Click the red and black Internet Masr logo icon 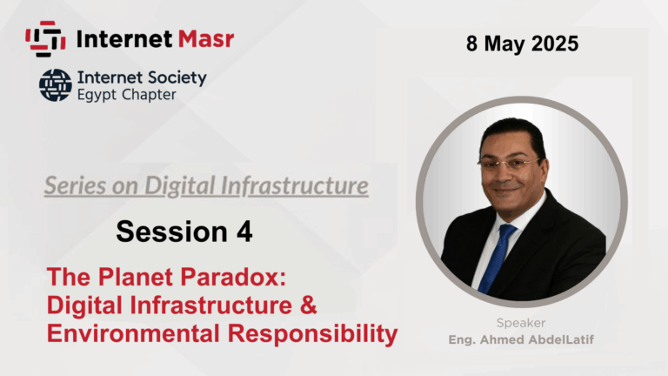[x=45, y=39]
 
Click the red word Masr [x=206, y=39]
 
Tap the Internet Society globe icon [x=56, y=85]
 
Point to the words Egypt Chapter [x=126, y=95]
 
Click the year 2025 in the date [x=555, y=44]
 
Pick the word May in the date [x=504, y=44]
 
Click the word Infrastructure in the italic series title [x=294, y=186]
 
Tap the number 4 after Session [x=244, y=232]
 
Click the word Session [x=171, y=232]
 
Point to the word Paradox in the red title [x=233, y=277]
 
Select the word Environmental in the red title [x=133, y=333]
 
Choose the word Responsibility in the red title [x=313, y=334]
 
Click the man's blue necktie [x=498, y=258]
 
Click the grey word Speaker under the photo [x=521, y=323]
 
